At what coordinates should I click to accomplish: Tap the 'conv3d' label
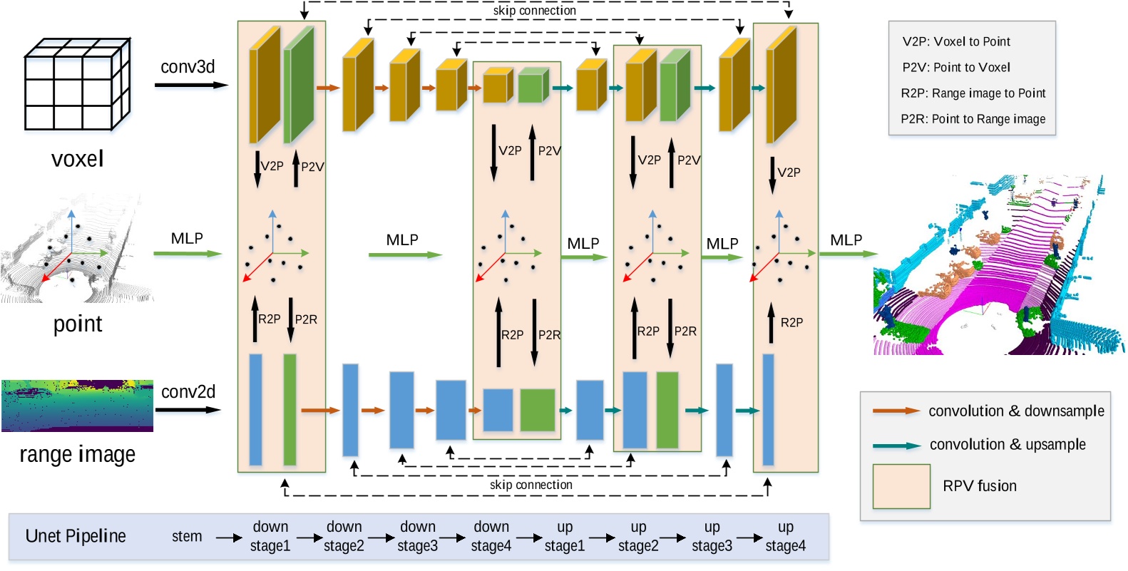coord(188,67)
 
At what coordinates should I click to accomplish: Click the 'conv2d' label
coord(188,391)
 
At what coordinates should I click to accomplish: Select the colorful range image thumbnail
coord(77,406)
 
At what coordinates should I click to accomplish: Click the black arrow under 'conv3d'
coord(190,86)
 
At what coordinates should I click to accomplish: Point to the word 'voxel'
coord(77,158)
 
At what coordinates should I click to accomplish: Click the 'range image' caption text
coord(77,454)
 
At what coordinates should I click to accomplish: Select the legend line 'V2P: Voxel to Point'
coord(956,41)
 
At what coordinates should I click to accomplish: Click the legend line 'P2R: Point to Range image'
coord(973,119)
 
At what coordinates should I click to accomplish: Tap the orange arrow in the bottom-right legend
coord(896,411)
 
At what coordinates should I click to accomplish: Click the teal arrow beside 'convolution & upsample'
coord(896,446)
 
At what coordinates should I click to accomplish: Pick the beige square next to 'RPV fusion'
coord(901,486)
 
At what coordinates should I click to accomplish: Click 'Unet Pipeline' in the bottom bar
coord(76,536)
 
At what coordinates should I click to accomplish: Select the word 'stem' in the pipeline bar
coord(187,536)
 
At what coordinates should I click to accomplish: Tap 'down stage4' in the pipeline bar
coord(491,536)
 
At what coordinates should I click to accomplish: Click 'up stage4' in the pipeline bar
coord(785,536)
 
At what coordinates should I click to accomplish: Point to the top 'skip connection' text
coord(534,11)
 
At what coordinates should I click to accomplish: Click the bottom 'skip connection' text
coord(530,485)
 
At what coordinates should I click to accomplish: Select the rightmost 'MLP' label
coord(846,240)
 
